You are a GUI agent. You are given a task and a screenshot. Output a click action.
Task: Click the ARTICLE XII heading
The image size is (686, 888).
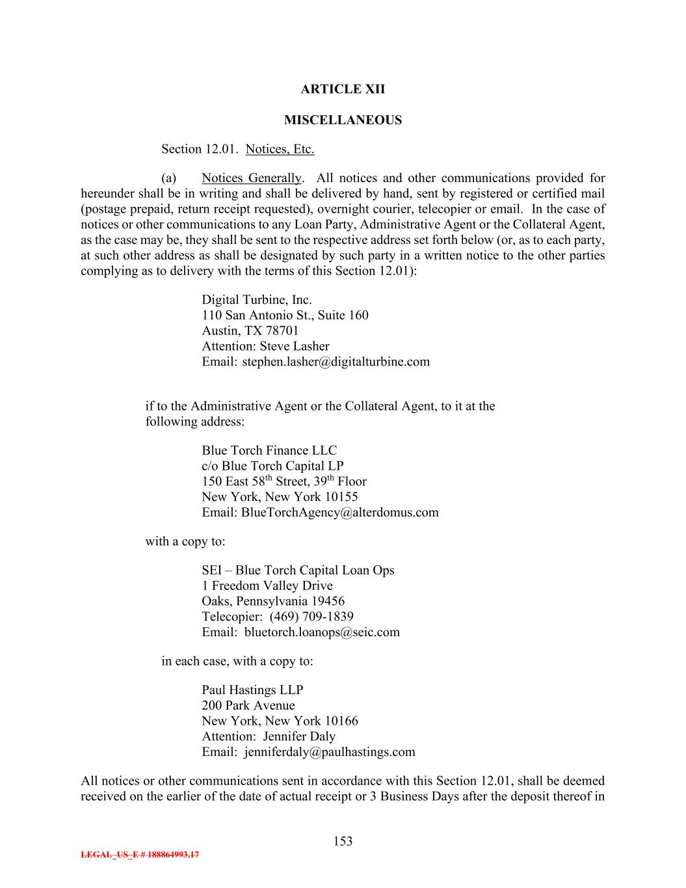pyautogui.click(x=343, y=89)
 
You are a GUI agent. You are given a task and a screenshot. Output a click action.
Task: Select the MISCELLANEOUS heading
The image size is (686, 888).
pyautogui.click(x=343, y=120)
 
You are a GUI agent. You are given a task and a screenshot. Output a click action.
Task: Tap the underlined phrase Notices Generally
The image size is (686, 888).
pyautogui.click(x=251, y=178)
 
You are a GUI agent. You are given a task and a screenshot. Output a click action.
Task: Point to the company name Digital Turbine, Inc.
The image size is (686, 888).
pyautogui.click(x=257, y=300)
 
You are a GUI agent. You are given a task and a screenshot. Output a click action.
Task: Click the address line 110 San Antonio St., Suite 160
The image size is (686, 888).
pyautogui.click(x=285, y=316)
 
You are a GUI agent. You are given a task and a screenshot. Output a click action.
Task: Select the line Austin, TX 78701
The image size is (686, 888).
pyautogui.click(x=250, y=331)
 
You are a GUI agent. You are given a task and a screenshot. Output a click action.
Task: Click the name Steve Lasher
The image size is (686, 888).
pyautogui.click(x=295, y=347)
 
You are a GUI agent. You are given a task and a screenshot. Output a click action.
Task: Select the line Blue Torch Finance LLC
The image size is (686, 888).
pyautogui.click(x=269, y=451)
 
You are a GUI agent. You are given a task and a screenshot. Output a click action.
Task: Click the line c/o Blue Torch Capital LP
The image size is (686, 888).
pyautogui.click(x=272, y=466)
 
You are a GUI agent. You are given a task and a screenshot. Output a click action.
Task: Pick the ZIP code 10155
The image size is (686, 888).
pyautogui.click(x=341, y=498)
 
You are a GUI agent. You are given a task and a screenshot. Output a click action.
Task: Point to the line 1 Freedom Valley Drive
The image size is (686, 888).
pyautogui.click(x=267, y=586)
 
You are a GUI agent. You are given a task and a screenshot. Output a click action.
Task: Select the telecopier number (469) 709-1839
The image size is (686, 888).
pyautogui.click(x=311, y=617)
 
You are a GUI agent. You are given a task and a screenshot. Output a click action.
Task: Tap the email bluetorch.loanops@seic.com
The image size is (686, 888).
pyautogui.click(x=322, y=632)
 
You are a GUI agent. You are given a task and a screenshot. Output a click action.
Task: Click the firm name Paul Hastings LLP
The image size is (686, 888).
pyautogui.click(x=252, y=690)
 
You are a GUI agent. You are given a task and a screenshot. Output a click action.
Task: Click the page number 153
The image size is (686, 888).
pyautogui.click(x=343, y=842)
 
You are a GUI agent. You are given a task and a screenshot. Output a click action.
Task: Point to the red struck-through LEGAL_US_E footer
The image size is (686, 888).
pyautogui.click(x=140, y=855)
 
